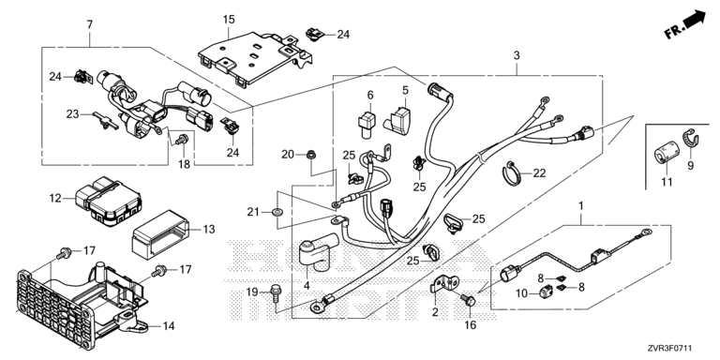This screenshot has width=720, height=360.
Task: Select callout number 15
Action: [x=228, y=20]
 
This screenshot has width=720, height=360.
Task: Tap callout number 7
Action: [x=90, y=24]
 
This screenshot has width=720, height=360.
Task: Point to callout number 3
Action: [x=517, y=56]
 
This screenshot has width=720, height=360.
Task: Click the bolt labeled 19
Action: [x=276, y=292]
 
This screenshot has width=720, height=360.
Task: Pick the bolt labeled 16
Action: [x=468, y=301]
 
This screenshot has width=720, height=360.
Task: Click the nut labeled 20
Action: [x=311, y=155]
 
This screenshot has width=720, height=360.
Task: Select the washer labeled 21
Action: [x=277, y=212]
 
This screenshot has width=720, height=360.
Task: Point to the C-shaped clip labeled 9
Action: [x=690, y=139]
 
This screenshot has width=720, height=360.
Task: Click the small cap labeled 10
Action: [x=546, y=292]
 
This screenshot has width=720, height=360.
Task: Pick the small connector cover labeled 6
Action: [x=366, y=123]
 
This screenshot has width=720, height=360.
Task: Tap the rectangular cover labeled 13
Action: [x=160, y=232]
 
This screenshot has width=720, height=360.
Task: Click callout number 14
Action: [x=169, y=326]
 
